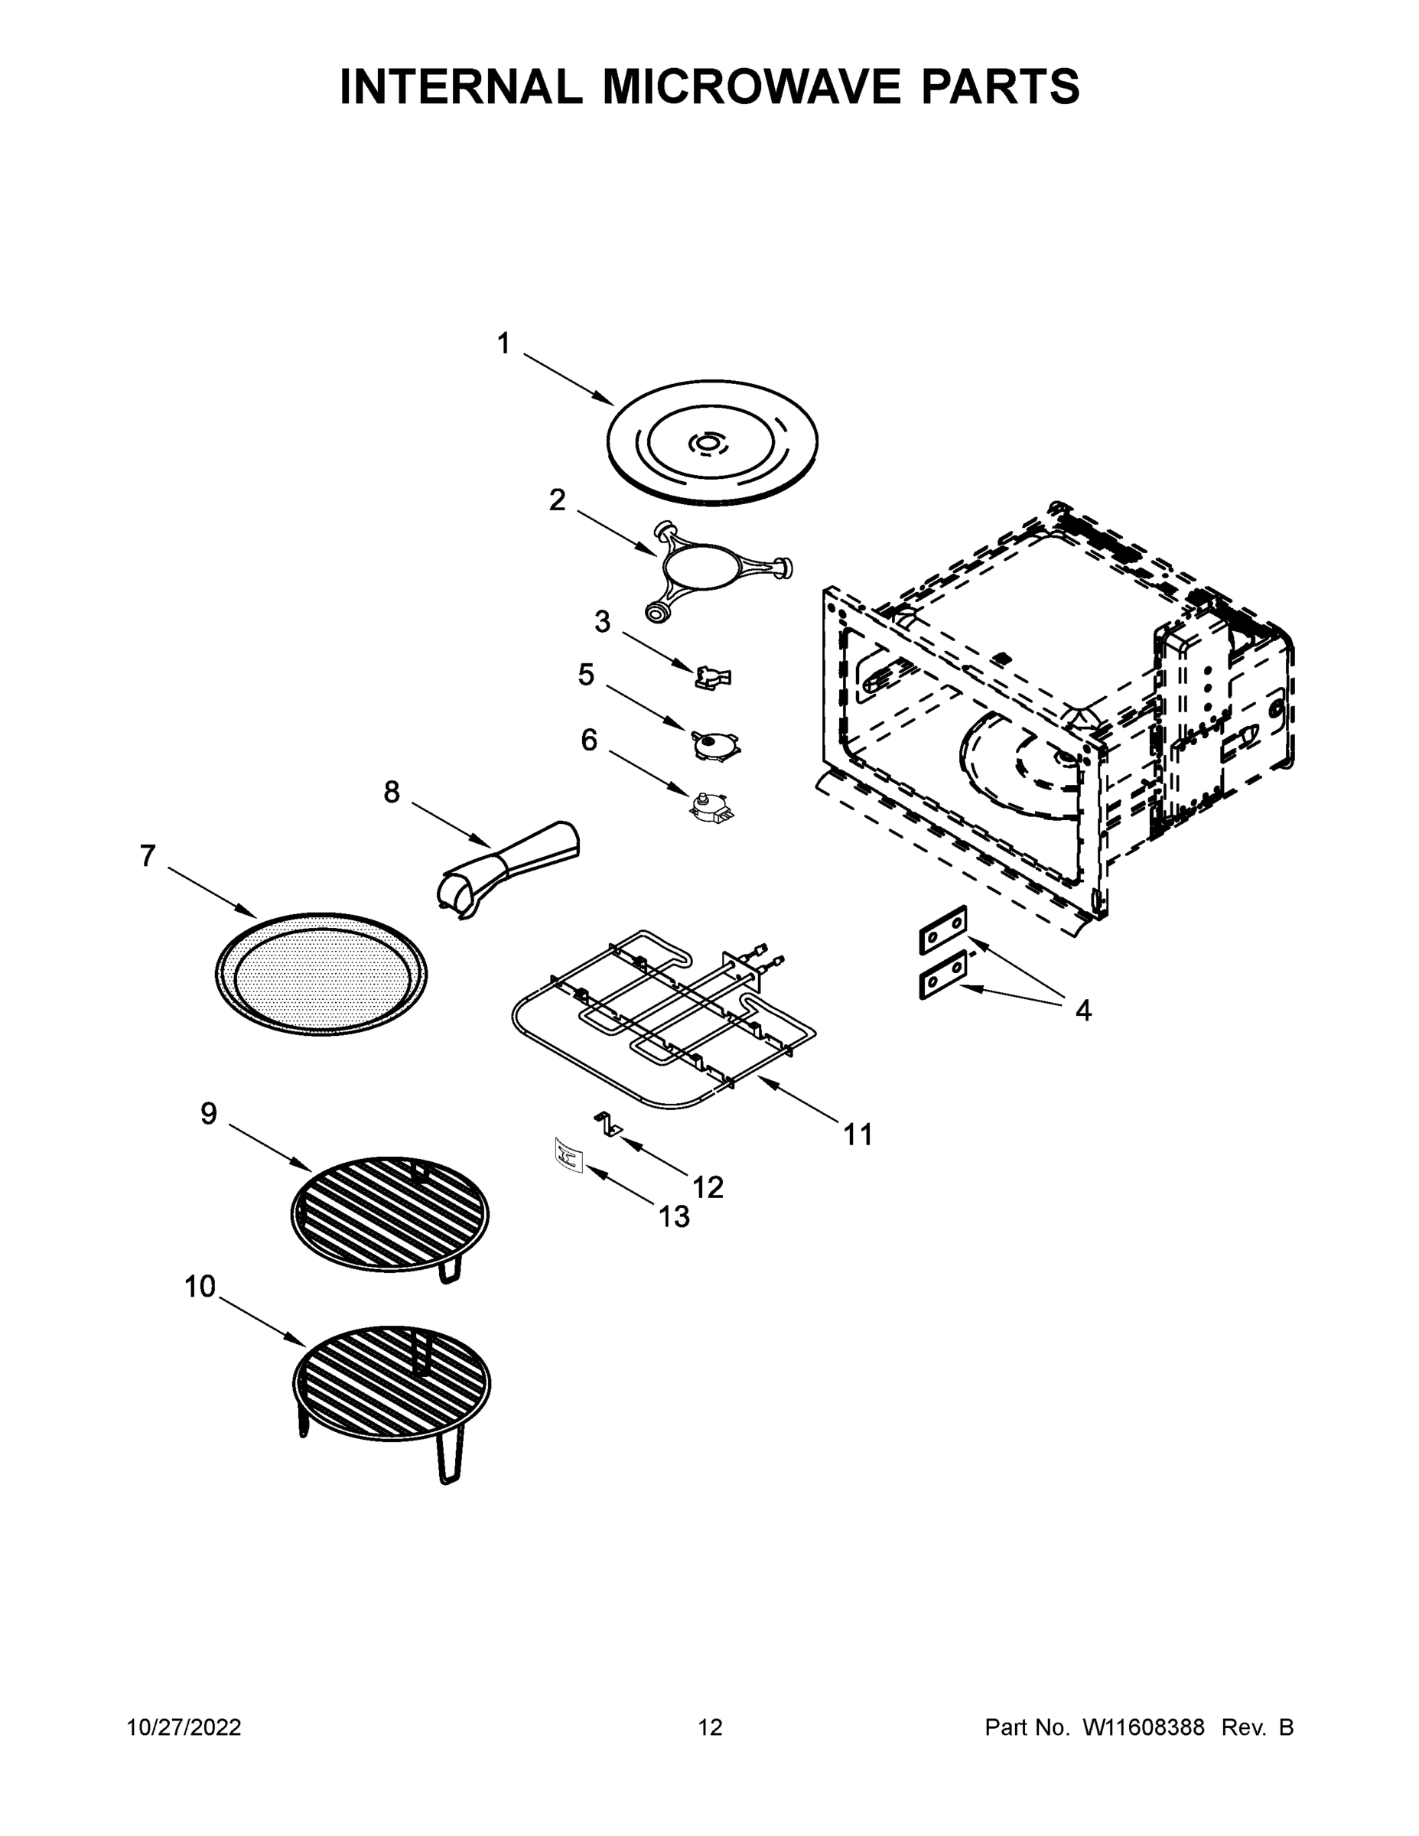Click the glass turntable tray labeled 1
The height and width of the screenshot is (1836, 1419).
tap(711, 442)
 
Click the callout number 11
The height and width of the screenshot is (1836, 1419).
tap(858, 1136)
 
